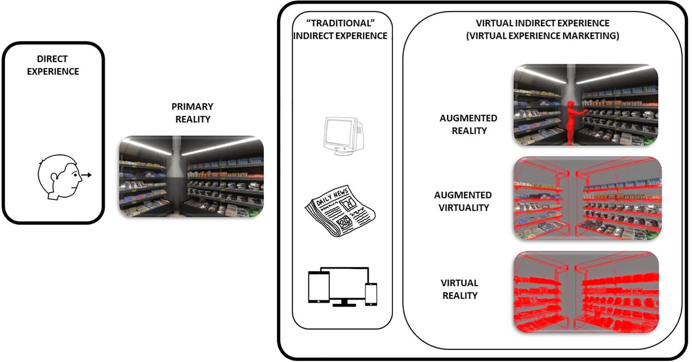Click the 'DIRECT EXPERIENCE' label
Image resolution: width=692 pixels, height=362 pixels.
pyautogui.click(x=53, y=65)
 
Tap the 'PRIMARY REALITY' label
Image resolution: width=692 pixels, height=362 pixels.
pyautogui.click(x=192, y=113)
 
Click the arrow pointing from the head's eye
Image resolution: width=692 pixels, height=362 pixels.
pyautogui.click(x=86, y=175)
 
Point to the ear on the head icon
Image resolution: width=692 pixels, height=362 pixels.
pyautogui.click(x=54, y=177)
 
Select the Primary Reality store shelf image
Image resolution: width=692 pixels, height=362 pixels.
pyautogui.click(x=191, y=177)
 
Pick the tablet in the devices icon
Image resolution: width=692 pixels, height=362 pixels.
pyautogui.click(x=319, y=287)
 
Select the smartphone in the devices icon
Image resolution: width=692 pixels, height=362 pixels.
pyautogui.click(x=371, y=294)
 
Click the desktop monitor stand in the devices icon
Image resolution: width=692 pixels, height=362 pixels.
pyautogui.click(x=344, y=303)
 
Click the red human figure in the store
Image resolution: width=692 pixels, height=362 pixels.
pyautogui.click(x=573, y=122)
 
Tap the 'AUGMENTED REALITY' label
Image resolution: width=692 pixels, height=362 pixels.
pyautogui.click(x=468, y=124)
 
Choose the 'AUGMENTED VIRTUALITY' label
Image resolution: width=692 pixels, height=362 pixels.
pyautogui.click(x=463, y=201)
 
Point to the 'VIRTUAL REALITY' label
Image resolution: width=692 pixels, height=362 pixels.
pyautogui.click(x=460, y=289)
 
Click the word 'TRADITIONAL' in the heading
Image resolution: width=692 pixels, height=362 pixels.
pyautogui.click(x=341, y=23)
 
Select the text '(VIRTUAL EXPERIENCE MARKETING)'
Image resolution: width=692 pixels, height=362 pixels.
pyautogui.click(x=542, y=36)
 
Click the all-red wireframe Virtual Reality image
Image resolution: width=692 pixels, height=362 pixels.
pyautogui.click(x=586, y=292)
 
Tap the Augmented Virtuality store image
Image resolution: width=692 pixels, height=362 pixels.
pyautogui.click(x=587, y=198)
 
